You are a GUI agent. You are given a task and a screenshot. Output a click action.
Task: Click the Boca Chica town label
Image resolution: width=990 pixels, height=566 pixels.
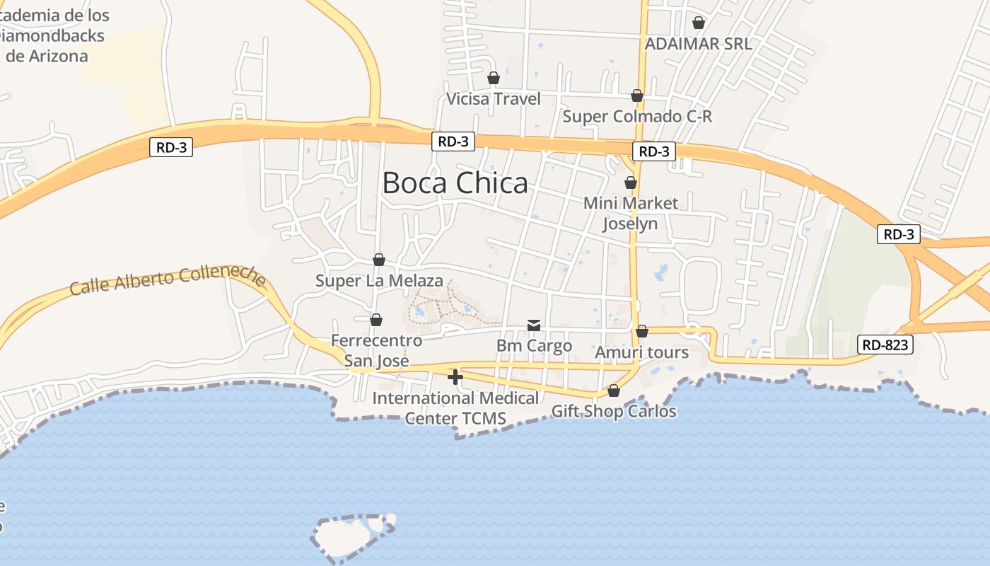click(x=455, y=183)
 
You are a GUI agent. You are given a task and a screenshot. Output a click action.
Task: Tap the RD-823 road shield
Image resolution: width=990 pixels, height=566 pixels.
click(x=885, y=345)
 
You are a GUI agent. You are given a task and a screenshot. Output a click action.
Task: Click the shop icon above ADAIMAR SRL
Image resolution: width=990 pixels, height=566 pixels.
click(x=699, y=23)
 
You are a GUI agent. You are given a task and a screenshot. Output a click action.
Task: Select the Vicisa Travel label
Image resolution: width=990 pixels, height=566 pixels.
click(x=494, y=99)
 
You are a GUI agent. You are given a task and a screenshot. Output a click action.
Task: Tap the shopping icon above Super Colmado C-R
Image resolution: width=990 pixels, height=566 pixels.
click(x=637, y=96)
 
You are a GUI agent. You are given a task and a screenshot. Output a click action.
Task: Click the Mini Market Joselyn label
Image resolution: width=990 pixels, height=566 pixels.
click(x=630, y=213)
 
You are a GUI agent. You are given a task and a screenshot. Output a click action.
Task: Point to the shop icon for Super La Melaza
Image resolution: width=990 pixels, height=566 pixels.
click(x=379, y=260)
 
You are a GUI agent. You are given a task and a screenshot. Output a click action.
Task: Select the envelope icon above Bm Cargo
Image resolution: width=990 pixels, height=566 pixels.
click(x=534, y=325)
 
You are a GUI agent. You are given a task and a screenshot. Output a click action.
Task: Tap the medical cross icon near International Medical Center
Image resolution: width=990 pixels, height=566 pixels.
click(x=455, y=377)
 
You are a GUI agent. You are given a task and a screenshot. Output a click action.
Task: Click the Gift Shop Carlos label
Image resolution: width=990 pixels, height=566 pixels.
click(x=614, y=411)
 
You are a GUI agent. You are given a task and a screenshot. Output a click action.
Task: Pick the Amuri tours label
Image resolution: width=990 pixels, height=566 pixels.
click(x=642, y=352)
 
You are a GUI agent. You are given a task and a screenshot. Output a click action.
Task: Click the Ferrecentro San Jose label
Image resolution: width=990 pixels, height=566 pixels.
click(x=376, y=350)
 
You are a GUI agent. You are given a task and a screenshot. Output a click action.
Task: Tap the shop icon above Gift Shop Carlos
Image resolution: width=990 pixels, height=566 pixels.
click(x=614, y=391)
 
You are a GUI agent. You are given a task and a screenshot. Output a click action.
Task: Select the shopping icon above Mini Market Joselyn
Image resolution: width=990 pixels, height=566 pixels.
click(x=631, y=183)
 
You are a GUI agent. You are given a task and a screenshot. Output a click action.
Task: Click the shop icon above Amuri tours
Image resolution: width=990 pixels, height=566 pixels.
click(x=642, y=331)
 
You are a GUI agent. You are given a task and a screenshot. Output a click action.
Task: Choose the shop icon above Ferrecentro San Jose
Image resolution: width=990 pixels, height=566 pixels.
click(x=376, y=320)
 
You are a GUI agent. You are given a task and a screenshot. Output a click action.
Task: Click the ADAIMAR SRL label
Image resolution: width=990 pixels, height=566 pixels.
click(x=698, y=44)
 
